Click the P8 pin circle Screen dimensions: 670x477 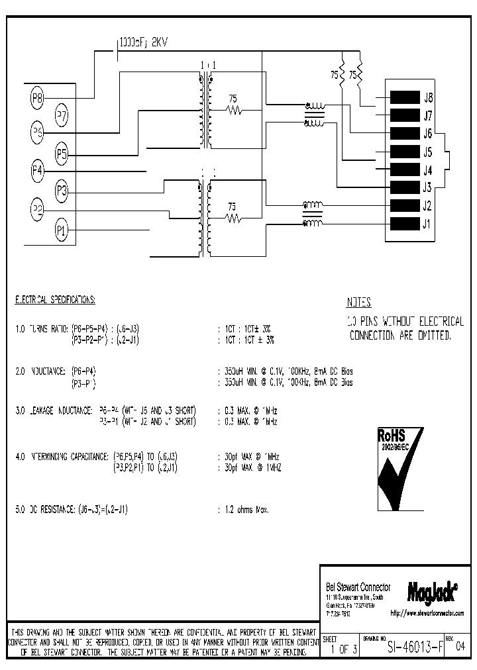click(x=38, y=99)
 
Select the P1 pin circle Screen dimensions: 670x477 click(x=62, y=230)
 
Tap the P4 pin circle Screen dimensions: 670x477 click(x=38, y=171)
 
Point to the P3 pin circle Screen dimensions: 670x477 click(x=62, y=191)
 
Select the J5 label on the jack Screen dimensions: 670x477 click(x=427, y=151)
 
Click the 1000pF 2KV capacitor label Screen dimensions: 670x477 click(x=144, y=42)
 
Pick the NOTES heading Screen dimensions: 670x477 click(x=359, y=303)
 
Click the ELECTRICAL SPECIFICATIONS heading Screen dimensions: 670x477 click(x=56, y=300)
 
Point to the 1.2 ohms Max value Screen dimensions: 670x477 click(x=244, y=510)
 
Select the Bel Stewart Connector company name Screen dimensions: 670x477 click(x=358, y=587)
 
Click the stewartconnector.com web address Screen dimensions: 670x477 click(x=427, y=614)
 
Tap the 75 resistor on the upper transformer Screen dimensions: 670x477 click(x=233, y=110)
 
